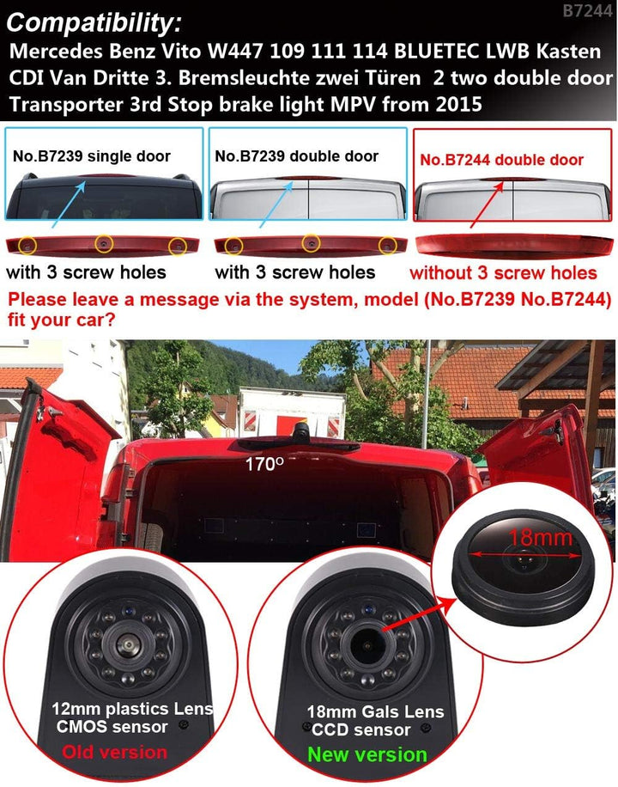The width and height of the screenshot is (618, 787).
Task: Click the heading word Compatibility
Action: click(x=94, y=22)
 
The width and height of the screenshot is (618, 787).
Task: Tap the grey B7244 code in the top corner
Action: click(x=587, y=10)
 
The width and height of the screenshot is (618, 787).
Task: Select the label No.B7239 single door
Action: click(x=92, y=156)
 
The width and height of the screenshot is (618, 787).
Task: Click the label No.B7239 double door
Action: click(x=296, y=156)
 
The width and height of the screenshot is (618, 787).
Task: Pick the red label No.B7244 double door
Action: click(x=501, y=160)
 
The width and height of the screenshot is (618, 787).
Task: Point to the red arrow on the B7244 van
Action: click(x=487, y=206)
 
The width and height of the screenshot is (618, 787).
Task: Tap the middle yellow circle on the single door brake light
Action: click(x=104, y=243)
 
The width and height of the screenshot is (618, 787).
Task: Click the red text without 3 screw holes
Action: click(x=503, y=272)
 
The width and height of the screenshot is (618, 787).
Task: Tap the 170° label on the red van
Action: click(x=264, y=464)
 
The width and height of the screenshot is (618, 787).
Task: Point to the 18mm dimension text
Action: click(x=540, y=538)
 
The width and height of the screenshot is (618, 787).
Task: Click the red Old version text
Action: click(x=115, y=752)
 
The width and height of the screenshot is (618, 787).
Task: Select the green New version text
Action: click(x=367, y=754)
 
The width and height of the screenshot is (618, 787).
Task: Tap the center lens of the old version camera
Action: click(x=126, y=644)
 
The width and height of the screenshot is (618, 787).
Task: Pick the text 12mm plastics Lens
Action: click(x=132, y=709)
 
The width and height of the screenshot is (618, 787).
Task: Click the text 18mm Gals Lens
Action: click(x=375, y=711)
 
